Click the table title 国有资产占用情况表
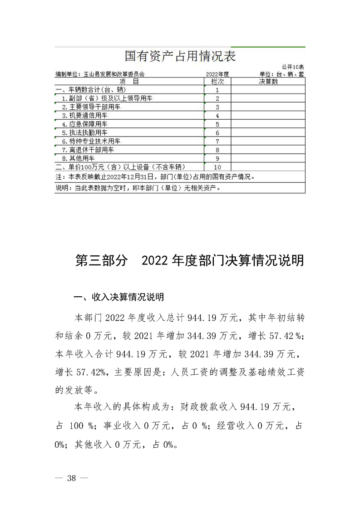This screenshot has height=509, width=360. click(180, 57)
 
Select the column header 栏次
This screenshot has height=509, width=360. click(218, 81)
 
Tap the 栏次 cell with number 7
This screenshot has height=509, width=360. click(218, 141)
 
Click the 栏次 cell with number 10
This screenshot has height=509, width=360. click(218, 166)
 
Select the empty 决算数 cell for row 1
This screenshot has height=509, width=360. click(268, 90)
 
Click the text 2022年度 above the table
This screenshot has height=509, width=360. click(218, 74)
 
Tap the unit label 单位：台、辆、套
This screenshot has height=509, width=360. click(281, 74)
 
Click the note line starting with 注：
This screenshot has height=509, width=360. click(159, 176)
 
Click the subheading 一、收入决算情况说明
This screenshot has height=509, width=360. click(118, 298)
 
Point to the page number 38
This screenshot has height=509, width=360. click(71, 478)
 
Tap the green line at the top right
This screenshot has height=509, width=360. click(268, 47)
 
